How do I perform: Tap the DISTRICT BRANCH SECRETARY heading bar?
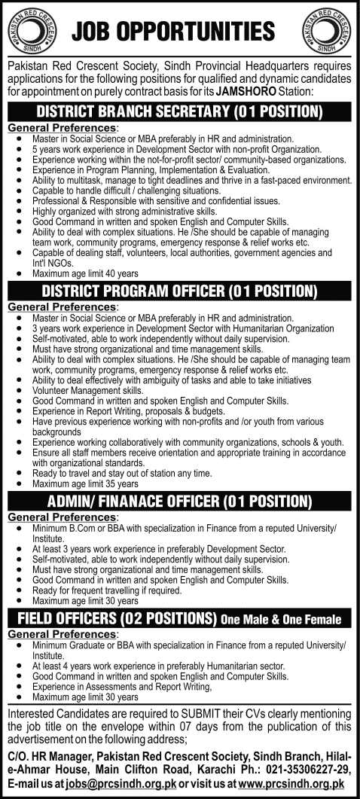coord(180,112)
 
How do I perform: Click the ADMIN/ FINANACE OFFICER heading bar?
coord(180,501)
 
